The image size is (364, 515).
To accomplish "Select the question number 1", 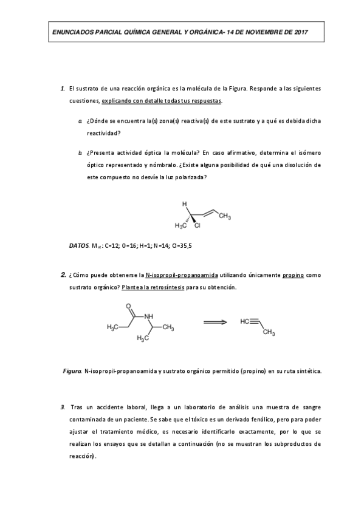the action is click(x=63, y=89).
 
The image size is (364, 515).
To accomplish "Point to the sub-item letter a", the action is click(x=81, y=121).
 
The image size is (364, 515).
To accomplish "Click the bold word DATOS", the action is click(x=80, y=246).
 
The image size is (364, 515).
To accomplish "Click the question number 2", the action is click(x=63, y=275).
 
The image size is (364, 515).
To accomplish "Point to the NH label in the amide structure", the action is click(x=149, y=316).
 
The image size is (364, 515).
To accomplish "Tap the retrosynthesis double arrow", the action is click(x=215, y=322).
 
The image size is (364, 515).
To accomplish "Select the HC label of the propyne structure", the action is click(x=246, y=321).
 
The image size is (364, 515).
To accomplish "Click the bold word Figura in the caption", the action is click(x=72, y=370).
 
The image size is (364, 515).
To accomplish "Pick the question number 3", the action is click(x=63, y=406).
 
